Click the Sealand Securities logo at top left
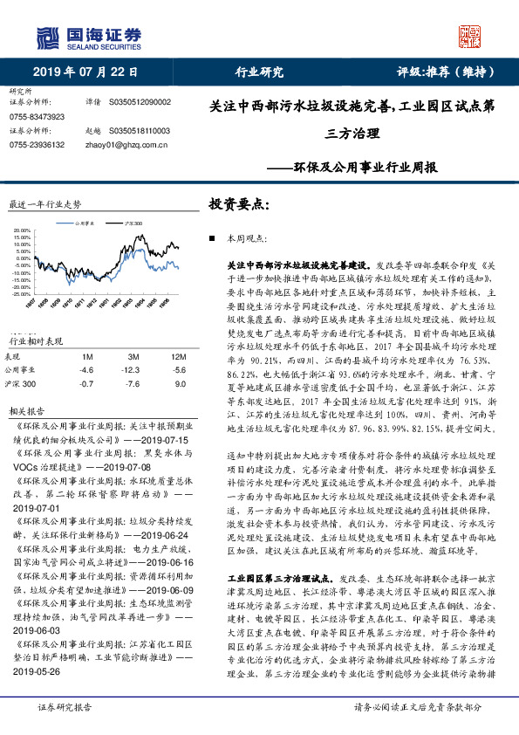(x=87, y=36)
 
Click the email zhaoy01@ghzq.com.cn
(x=116, y=144)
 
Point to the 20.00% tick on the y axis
(x=21, y=232)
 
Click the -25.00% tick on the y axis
(x=21, y=294)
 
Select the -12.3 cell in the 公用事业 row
(x=133, y=346)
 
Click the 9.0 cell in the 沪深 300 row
(x=180, y=359)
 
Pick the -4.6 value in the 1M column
(x=86, y=346)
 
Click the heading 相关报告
(x=25, y=386)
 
